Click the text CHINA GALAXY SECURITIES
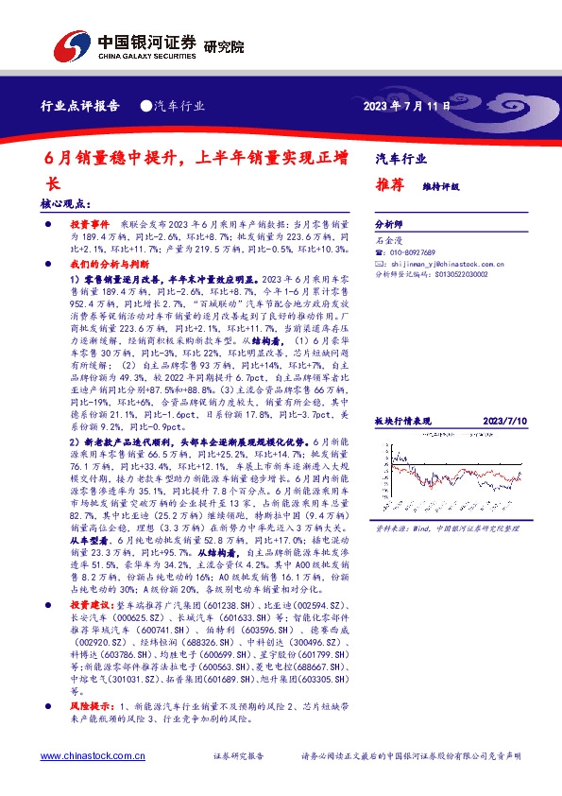[x=146, y=57]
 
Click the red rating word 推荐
[x=388, y=184]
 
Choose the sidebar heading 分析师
[x=389, y=225]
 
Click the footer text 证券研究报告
[x=239, y=756]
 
